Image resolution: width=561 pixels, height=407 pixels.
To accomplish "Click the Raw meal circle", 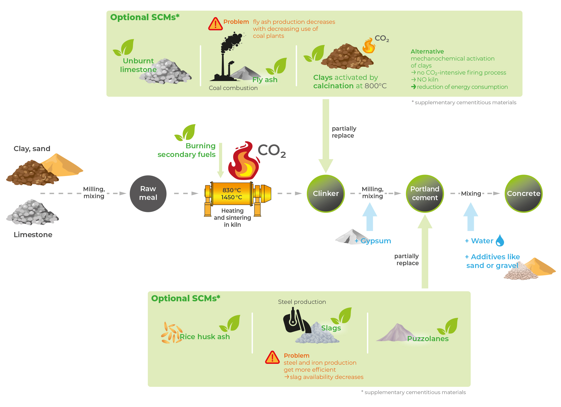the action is [148, 193].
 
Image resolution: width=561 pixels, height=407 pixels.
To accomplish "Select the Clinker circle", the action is [326, 193].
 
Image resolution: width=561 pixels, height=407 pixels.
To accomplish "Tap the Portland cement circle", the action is [425, 193].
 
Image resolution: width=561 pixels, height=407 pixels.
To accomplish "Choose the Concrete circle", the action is [523, 193].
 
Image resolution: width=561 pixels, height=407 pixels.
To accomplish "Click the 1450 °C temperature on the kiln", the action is [231, 197].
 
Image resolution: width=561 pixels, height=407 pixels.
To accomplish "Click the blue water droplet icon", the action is [500, 240].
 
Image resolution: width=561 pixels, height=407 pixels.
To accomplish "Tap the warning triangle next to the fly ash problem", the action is [215, 24].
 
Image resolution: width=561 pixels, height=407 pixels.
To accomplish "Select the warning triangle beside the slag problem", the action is [272, 357].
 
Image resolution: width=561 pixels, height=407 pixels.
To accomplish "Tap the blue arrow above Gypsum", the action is [370, 217].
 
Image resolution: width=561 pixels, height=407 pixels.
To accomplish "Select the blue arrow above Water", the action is [471, 217].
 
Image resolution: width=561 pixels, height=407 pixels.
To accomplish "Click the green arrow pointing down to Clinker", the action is [326, 136].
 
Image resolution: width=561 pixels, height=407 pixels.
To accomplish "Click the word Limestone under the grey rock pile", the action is [33, 235].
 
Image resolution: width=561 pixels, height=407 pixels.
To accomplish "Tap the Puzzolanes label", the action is [428, 339].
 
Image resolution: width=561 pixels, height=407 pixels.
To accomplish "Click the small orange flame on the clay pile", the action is [369, 46].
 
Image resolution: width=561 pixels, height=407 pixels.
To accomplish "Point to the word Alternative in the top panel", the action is [427, 52].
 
